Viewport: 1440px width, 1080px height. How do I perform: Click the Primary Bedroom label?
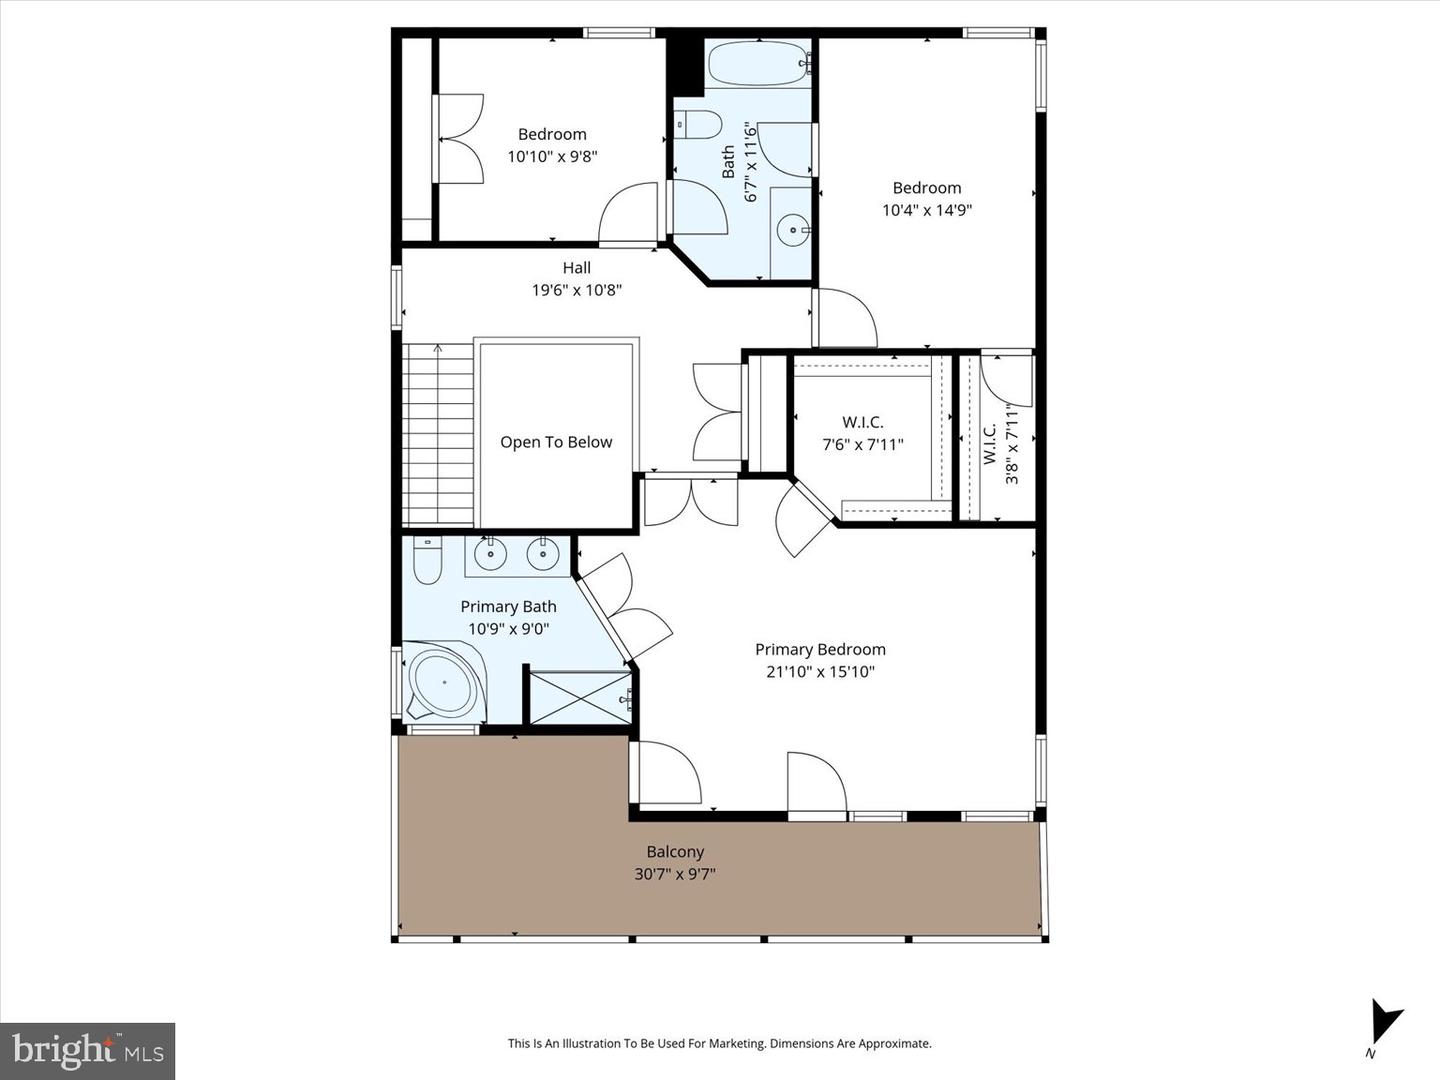click(820, 649)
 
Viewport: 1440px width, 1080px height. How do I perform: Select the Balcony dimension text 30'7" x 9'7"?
click(675, 874)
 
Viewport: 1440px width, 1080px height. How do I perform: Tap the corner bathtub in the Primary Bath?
click(444, 684)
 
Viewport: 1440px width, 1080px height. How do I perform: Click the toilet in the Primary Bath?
click(428, 561)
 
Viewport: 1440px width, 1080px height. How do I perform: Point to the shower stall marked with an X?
click(579, 696)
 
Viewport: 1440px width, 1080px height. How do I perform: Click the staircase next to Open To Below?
click(437, 435)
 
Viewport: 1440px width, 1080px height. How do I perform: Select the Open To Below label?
click(556, 442)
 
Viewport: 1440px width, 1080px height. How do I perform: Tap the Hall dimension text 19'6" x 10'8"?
click(577, 290)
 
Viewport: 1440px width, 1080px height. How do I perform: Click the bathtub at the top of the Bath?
click(758, 65)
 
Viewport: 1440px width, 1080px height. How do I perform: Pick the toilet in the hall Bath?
click(699, 125)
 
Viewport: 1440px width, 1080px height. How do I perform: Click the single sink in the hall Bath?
click(794, 231)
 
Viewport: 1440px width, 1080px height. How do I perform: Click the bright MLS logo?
click(88, 1050)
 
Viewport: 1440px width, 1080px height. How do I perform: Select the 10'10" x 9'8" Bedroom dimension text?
click(552, 156)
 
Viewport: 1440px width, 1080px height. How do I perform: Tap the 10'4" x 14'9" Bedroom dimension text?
click(927, 210)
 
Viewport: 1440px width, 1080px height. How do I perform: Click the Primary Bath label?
click(508, 606)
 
